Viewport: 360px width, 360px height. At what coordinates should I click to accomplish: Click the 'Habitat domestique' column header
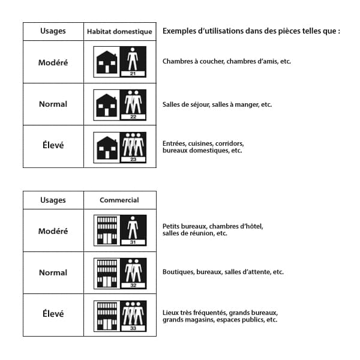coord(119,31)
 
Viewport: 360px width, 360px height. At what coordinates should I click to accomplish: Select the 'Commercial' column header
coord(119,200)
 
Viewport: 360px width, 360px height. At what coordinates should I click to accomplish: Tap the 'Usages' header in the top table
coord(53,31)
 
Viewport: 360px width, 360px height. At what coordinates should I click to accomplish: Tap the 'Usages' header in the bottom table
coord(53,200)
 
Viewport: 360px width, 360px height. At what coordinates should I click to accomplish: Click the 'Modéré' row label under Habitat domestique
coord(53,62)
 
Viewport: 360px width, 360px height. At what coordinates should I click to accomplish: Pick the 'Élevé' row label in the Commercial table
coord(53,314)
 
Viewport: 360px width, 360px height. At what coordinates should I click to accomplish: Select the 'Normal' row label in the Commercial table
coord(53,272)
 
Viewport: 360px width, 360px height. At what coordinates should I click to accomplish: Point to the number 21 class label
coord(133,74)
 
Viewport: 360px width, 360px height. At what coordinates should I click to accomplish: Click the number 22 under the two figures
coord(133,116)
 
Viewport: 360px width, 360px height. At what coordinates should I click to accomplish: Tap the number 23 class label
coord(133,159)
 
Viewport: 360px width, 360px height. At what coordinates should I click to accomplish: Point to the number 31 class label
coord(133,242)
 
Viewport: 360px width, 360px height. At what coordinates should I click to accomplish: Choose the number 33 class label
coord(133,328)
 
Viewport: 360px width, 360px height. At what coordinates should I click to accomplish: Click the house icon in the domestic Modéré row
coord(107,62)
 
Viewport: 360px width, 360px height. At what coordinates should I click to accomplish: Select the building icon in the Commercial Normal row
coord(107,272)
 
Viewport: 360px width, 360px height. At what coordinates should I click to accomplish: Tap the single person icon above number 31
coord(133,227)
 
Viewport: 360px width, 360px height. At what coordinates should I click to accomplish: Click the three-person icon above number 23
coord(133,144)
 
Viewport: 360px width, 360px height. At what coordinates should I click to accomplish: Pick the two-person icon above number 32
coord(133,270)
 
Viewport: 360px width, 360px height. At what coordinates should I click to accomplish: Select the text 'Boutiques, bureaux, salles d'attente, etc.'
coord(223,272)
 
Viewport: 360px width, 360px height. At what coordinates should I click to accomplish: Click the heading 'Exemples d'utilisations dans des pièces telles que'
coord(251,31)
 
